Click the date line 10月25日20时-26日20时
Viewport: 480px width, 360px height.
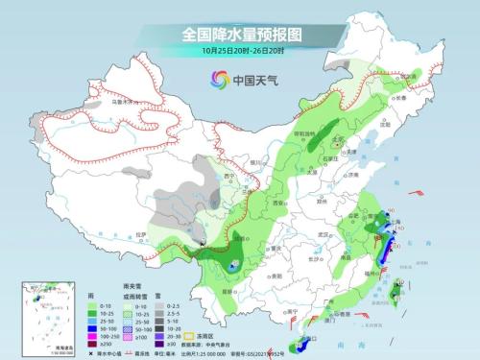click(x=241, y=51)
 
